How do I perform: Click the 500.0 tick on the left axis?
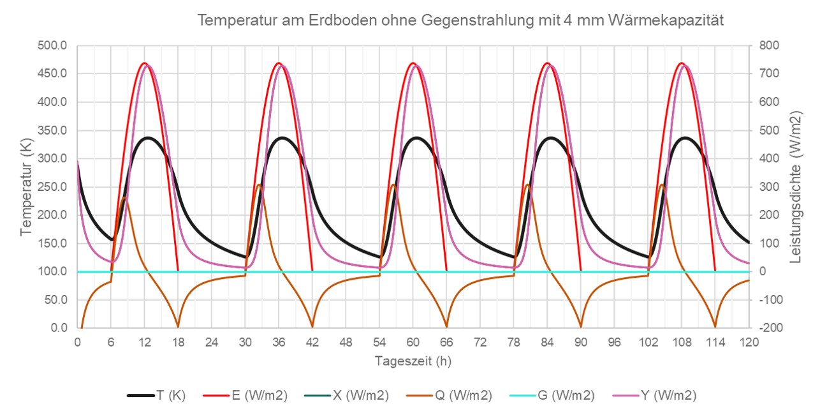(54, 46)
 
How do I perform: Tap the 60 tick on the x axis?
(413, 342)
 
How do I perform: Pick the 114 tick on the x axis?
(715, 342)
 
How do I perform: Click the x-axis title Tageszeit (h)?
(413, 361)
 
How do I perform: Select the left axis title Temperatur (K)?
(26, 186)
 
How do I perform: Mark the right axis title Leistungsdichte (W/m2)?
(796, 186)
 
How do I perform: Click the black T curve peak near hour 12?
(148, 137)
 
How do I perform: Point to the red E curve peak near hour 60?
(413, 63)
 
